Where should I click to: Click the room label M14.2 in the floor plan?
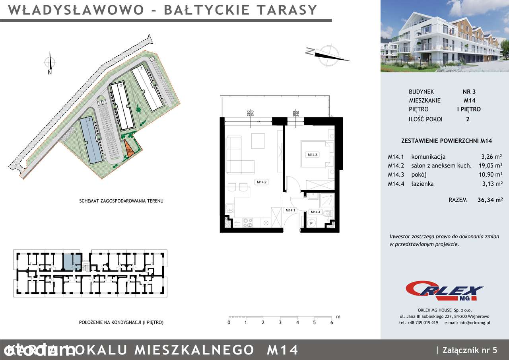pyautogui.click(x=261, y=182)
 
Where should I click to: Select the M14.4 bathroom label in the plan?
pyautogui.click(x=315, y=212)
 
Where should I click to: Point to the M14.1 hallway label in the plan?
pyautogui.click(x=290, y=210)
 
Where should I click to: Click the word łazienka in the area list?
pyautogui.click(x=422, y=184)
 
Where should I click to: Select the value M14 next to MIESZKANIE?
pyautogui.click(x=469, y=101)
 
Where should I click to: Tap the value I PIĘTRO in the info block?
pyautogui.click(x=469, y=109)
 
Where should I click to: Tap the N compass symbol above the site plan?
pyautogui.click(x=50, y=64)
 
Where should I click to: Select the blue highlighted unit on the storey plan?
pyautogui.click(x=72, y=262)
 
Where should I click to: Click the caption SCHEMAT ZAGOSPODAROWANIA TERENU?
pyautogui.click(x=121, y=201)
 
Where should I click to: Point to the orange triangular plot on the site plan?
pyautogui.click(x=129, y=149)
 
